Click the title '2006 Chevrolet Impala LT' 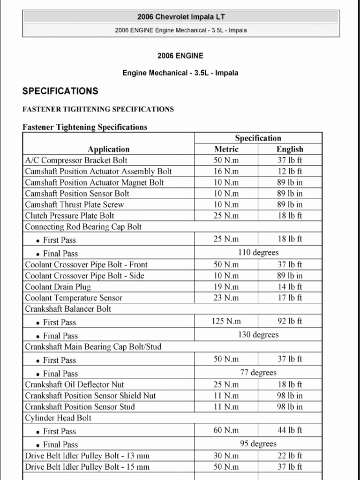180,17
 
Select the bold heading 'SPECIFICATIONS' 60,91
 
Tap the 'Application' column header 108,149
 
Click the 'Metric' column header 226,149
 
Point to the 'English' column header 290,149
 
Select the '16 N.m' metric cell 226,172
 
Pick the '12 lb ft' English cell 290,172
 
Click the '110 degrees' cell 258,253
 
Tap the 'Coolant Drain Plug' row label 58,287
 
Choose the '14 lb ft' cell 290,287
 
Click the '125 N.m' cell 226,321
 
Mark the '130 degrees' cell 258,335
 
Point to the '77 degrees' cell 258,373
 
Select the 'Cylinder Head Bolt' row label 58,418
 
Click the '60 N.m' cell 226,430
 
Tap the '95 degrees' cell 258,443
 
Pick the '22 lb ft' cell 290,456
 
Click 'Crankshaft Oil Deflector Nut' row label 75,385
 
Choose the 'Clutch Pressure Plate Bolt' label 69,216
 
